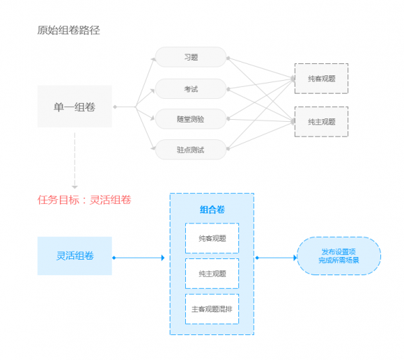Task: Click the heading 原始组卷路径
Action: point(69,30)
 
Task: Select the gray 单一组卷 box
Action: point(74,106)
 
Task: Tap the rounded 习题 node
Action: point(191,57)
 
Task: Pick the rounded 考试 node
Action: point(191,89)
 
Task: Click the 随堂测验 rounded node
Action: point(191,119)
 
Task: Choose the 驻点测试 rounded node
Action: point(191,149)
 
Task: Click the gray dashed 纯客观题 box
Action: point(321,78)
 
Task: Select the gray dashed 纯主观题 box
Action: point(321,122)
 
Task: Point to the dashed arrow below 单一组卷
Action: point(75,161)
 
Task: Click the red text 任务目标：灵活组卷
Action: point(84,199)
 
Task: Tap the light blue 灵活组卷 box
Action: point(74,256)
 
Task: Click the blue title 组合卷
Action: point(211,209)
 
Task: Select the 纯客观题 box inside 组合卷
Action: point(211,238)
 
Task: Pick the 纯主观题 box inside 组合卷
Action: point(211,273)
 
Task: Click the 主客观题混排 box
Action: point(211,309)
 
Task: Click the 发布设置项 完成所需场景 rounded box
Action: point(339,256)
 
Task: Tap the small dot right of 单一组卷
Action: point(115,106)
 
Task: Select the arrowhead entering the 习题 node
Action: point(154,59)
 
